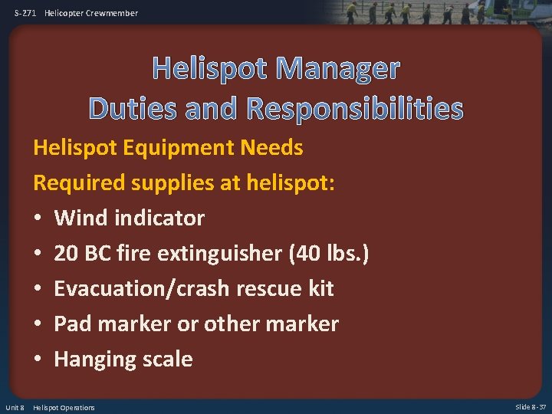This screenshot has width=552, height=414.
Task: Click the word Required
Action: pos(79,182)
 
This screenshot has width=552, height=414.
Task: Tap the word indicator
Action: pos(159,218)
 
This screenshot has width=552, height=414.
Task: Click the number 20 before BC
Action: pos(67,253)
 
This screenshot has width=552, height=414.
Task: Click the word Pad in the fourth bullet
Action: pos(71,324)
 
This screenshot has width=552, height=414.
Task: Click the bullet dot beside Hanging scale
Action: pos(38,359)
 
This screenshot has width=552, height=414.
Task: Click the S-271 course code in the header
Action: pos(25,13)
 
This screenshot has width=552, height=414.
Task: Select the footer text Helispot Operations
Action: pos(64,407)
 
